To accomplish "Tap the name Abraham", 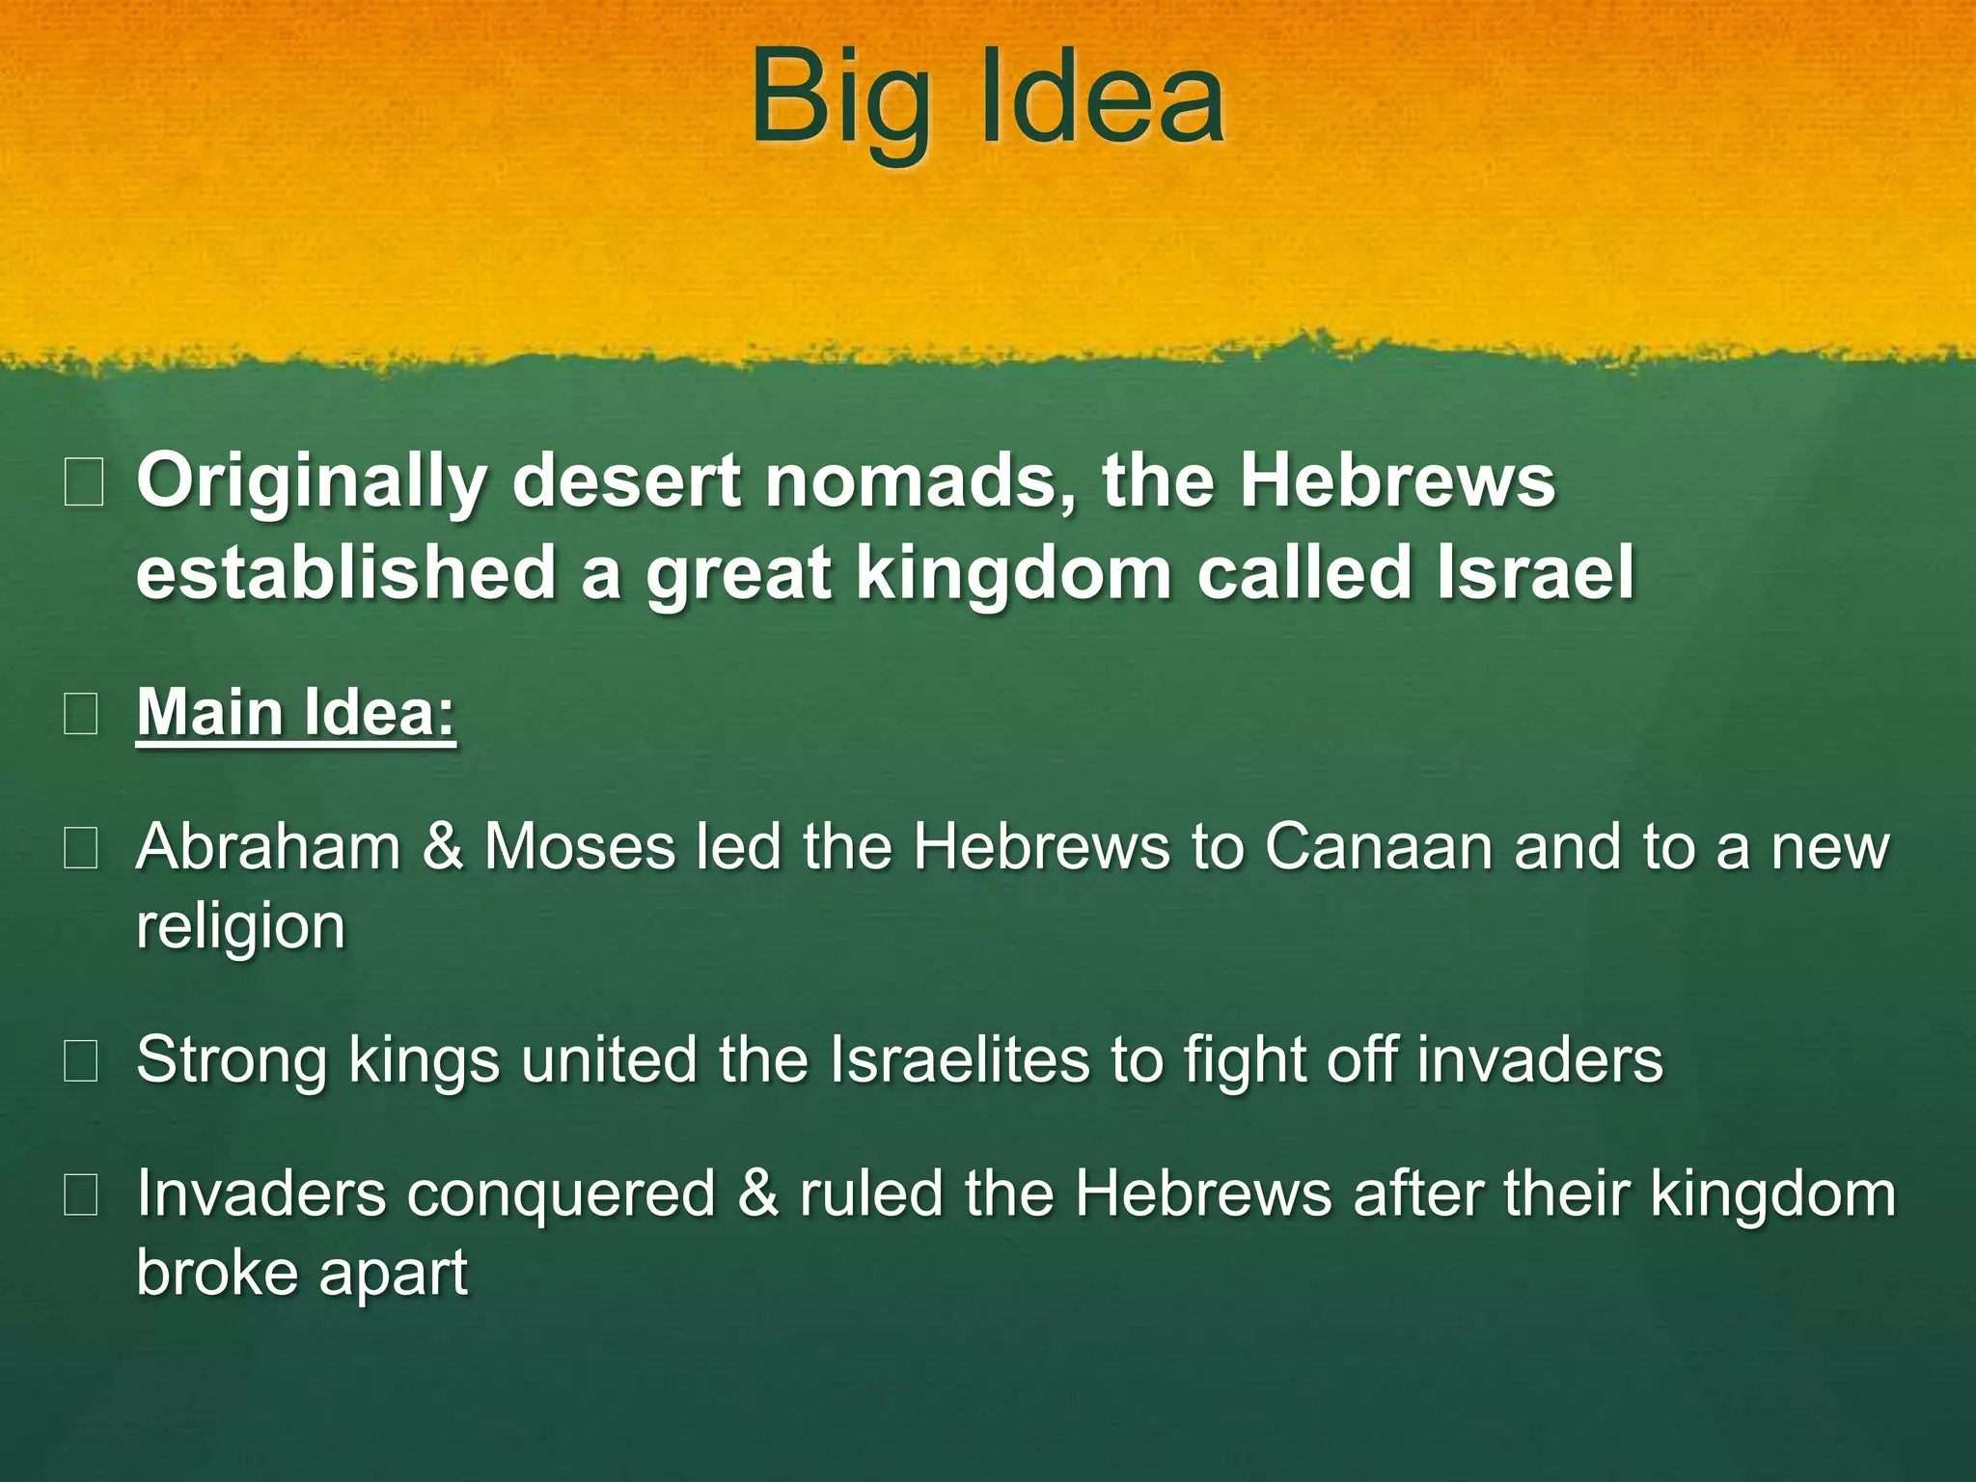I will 268,847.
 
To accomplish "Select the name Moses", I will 579,847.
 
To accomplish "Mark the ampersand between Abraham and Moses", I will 443,847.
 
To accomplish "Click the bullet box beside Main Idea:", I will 81,715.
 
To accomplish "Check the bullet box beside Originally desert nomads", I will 83,483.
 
